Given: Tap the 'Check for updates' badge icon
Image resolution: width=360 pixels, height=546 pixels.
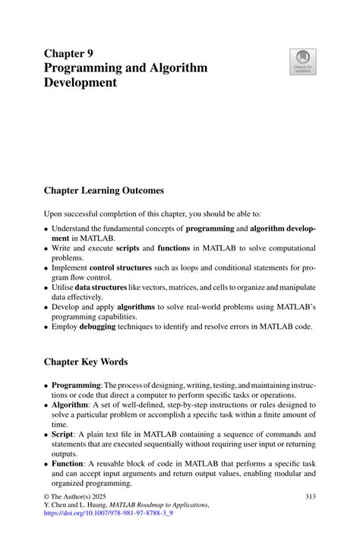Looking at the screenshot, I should pos(303,63).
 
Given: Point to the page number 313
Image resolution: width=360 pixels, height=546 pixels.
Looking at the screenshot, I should pos(310,497).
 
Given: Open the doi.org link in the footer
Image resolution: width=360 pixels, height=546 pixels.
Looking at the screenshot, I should pos(108,513).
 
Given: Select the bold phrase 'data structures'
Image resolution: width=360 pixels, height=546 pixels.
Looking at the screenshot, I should pos(99,288).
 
